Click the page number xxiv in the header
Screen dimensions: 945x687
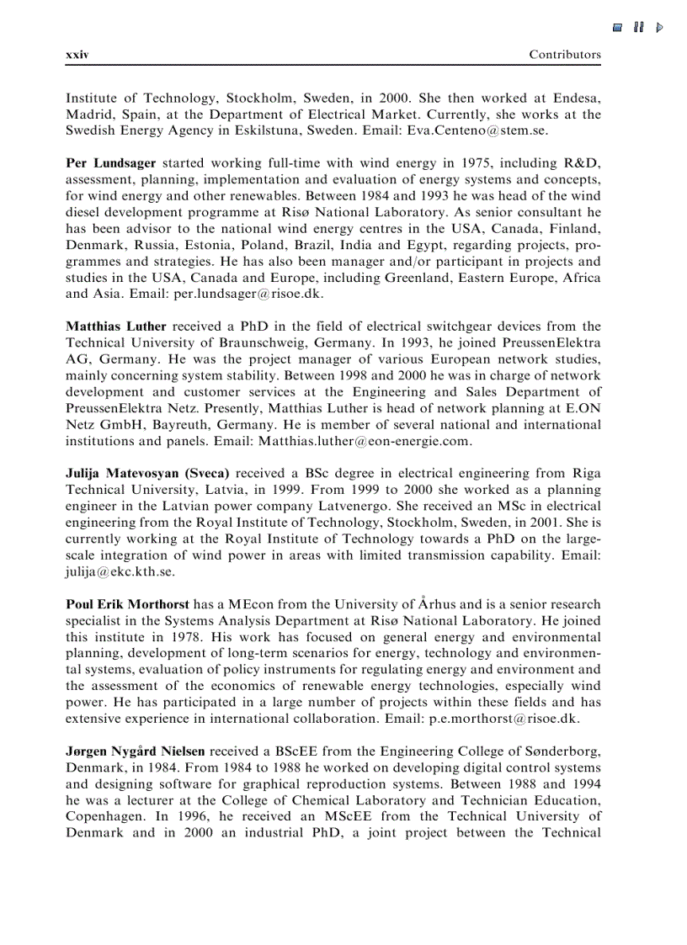[77, 55]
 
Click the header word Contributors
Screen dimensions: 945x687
[565, 55]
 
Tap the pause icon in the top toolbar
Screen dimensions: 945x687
[639, 28]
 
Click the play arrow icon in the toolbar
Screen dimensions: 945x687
[660, 28]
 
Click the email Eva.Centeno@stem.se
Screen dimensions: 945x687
[480, 131]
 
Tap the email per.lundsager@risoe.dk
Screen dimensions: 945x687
[248, 295]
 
